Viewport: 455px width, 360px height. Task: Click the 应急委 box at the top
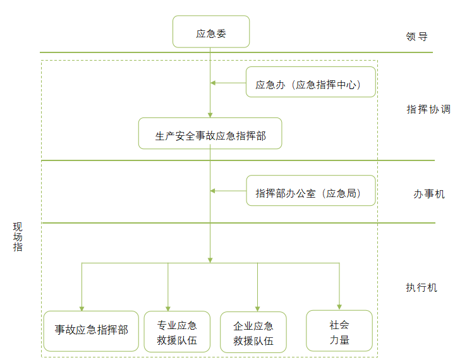coord(211,32)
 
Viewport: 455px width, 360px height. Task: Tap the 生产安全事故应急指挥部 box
coord(210,133)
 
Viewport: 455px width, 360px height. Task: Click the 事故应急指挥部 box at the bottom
coord(91,330)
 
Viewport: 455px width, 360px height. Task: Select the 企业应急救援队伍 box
coord(253,332)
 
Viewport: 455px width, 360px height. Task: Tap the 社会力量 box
coord(339,331)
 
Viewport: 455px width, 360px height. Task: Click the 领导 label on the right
coord(416,36)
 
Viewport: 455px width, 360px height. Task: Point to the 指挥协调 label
coord(428,109)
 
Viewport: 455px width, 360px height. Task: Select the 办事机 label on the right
coord(428,194)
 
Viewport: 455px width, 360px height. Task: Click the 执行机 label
coord(421,287)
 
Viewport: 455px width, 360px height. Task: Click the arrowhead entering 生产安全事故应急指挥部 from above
coord(210,114)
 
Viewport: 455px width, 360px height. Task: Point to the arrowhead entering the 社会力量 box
coord(340,306)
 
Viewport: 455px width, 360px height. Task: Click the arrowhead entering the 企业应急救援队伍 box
coord(257,308)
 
